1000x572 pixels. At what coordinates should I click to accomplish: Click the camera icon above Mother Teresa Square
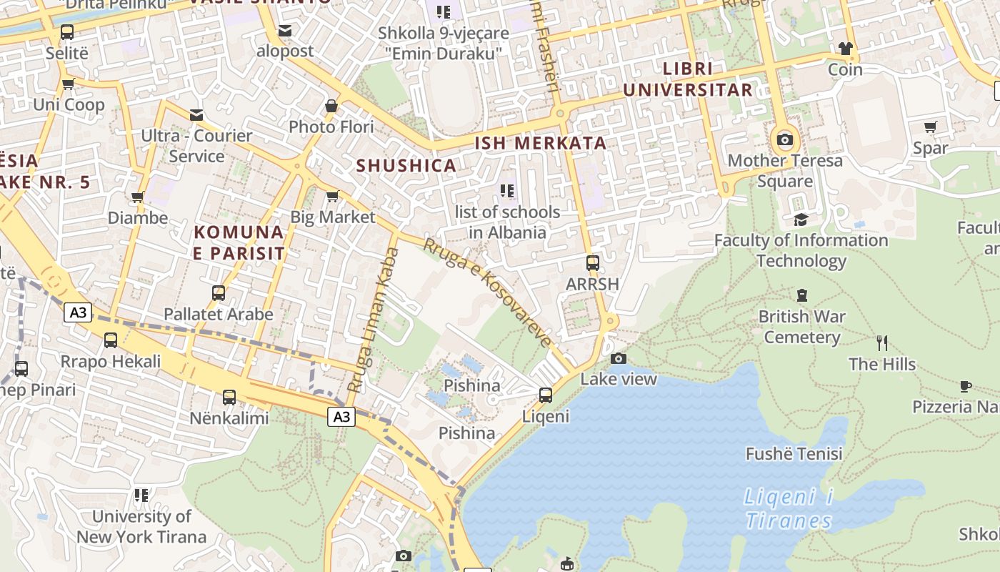(785, 139)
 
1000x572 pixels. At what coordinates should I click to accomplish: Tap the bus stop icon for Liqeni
(546, 395)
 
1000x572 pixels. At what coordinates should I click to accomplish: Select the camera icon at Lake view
(619, 358)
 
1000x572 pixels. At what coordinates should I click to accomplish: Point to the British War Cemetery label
(801, 327)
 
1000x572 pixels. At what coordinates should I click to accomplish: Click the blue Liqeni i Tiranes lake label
(789, 508)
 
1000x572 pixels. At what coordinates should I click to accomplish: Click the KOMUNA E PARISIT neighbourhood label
(239, 242)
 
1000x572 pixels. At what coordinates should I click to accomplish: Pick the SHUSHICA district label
(406, 166)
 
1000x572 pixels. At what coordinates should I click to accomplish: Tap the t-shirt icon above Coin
(846, 49)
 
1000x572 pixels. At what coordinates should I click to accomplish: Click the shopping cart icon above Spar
(930, 127)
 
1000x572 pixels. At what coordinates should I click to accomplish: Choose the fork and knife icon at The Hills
(882, 343)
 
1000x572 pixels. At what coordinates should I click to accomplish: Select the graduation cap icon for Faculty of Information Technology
(801, 220)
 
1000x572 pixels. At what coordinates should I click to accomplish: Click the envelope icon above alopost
(285, 31)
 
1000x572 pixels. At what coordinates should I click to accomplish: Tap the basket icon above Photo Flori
(331, 106)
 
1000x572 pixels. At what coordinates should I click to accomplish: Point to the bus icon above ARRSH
(592, 263)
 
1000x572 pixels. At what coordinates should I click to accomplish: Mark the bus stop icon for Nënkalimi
(229, 398)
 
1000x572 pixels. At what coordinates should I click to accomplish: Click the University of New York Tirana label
(141, 526)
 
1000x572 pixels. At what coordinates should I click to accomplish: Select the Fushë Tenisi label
(794, 453)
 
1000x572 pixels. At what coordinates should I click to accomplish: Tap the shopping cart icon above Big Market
(332, 196)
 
